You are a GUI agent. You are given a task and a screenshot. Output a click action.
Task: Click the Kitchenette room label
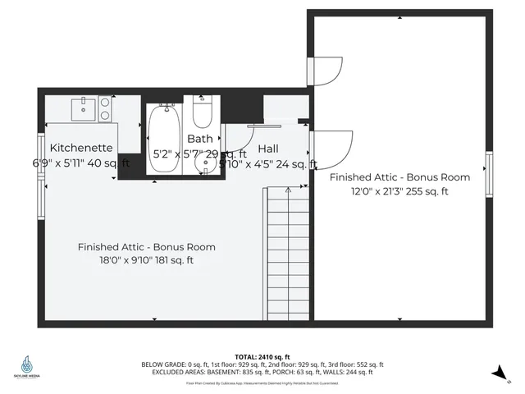[80, 147]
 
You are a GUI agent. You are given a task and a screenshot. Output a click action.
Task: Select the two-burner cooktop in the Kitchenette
[105, 108]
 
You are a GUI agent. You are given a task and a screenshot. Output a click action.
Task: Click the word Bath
[199, 139]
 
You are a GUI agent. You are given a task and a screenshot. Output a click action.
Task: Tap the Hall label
[267, 149]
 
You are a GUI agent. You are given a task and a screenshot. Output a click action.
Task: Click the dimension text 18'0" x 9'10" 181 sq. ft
[146, 260]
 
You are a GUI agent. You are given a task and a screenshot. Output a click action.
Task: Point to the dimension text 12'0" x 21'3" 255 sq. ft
[399, 191]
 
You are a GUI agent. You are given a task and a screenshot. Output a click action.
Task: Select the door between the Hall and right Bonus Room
[332, 149]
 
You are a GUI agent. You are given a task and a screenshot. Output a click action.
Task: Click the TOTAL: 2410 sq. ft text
[262, 357]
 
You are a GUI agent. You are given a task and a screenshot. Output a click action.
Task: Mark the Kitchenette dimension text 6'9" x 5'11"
[80, 163]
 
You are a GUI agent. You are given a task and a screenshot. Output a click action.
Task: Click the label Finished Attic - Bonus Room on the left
[146, 246]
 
